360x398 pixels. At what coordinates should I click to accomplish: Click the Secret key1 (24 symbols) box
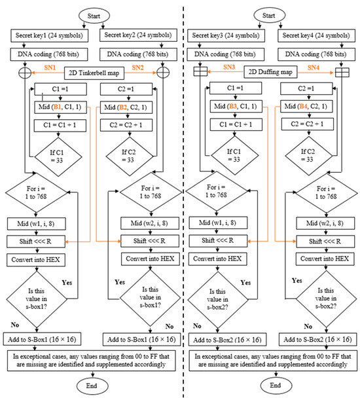46,36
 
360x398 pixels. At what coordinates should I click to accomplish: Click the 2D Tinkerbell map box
90,71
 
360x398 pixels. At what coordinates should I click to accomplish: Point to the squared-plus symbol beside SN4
340,71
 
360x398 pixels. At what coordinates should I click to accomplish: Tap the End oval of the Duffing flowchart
266,386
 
